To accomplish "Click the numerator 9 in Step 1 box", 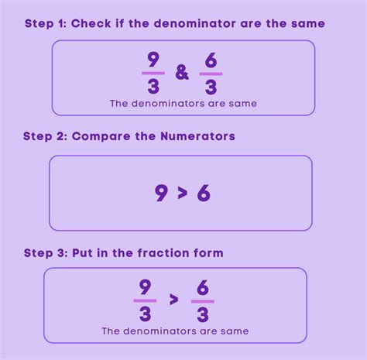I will (x=153, y=59).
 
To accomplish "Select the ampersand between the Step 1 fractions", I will (x=182, y=74).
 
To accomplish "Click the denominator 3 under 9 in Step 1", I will (x=153, y=87).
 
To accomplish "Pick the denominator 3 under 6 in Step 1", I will (x=210, y=88).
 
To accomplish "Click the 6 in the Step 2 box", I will (x=204, y=193).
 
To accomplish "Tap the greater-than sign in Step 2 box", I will (x=183, y=194).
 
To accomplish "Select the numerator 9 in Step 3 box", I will (x=145, y=286).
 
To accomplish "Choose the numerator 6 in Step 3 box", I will (x=202, y=287).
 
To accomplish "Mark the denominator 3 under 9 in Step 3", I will (x=145, y=314).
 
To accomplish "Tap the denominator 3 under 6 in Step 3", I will (x=202, y=314).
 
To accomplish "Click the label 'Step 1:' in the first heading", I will (x=45, y=24).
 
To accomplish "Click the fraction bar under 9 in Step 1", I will (x=153, y=73).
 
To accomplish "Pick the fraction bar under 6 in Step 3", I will (x=202, y=301).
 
